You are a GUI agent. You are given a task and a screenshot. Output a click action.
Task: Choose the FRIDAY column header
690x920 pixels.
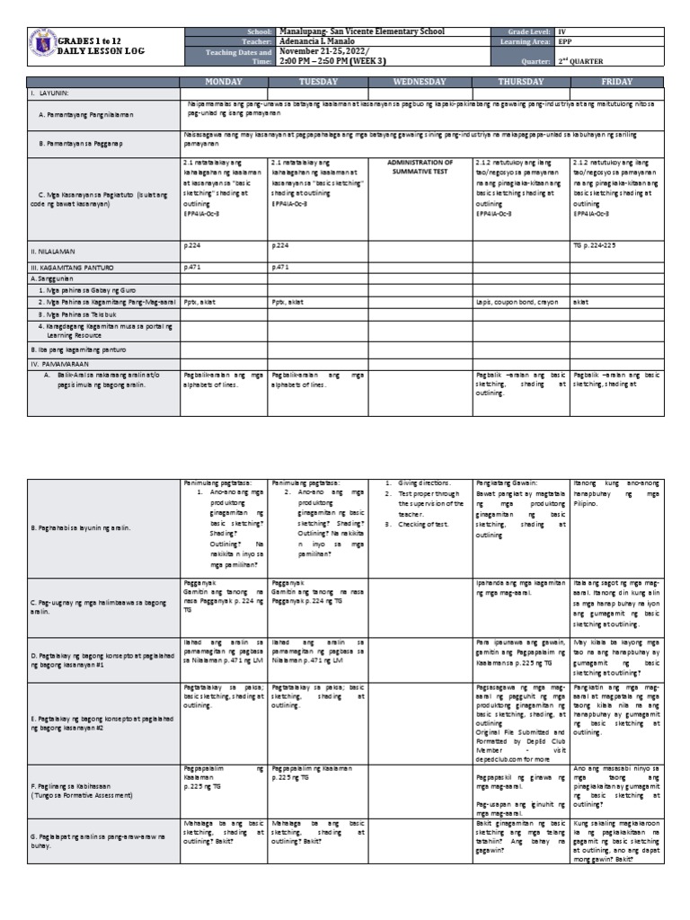[615, 81]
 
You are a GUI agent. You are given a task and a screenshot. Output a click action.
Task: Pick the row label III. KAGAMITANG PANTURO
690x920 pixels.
[72, 268]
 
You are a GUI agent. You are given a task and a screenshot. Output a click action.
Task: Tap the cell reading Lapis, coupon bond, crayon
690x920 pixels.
[517, 303]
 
